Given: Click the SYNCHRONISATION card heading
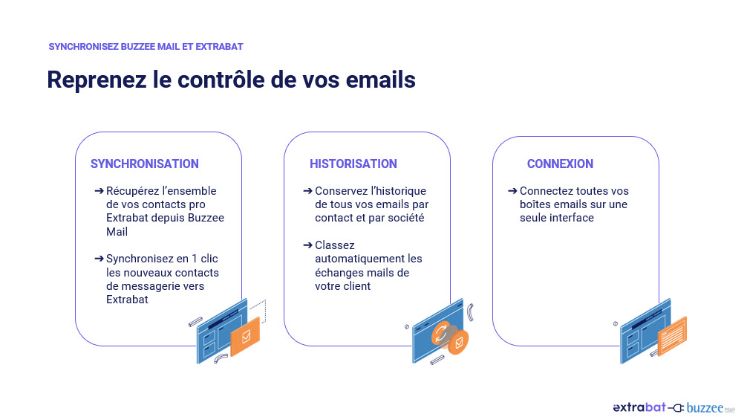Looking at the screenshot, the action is click(x=144, y=164).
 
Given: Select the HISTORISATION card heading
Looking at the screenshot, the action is click(x=353, y=164).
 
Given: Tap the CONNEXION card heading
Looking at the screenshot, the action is click(x=560, y=164).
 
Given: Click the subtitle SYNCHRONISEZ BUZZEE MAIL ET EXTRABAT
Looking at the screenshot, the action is click(x=146, y=46).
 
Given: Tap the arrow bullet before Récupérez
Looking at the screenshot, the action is click(x=99, y=191).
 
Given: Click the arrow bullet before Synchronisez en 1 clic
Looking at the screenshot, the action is click(x=99, y=259).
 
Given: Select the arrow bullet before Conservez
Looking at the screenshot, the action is click(x=307, y=191).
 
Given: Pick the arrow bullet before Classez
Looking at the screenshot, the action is click(x=307, y=245).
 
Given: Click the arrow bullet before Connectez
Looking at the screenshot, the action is click(x=512, y=191).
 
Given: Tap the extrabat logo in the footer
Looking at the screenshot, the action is click(x=639, y=407).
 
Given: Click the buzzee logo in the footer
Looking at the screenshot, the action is click(x=705, y=408).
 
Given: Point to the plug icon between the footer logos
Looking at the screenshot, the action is click(x=676, y=408).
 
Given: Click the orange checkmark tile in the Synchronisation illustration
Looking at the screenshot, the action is click(x=245, y=337).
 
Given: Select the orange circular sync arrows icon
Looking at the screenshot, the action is click(x=441, y=333).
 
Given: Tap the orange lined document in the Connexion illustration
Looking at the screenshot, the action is click(x=672, y=336).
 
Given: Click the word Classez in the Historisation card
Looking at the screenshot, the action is click(x=335, y=245).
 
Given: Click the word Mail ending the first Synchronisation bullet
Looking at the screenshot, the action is click(x=117, y=231).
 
